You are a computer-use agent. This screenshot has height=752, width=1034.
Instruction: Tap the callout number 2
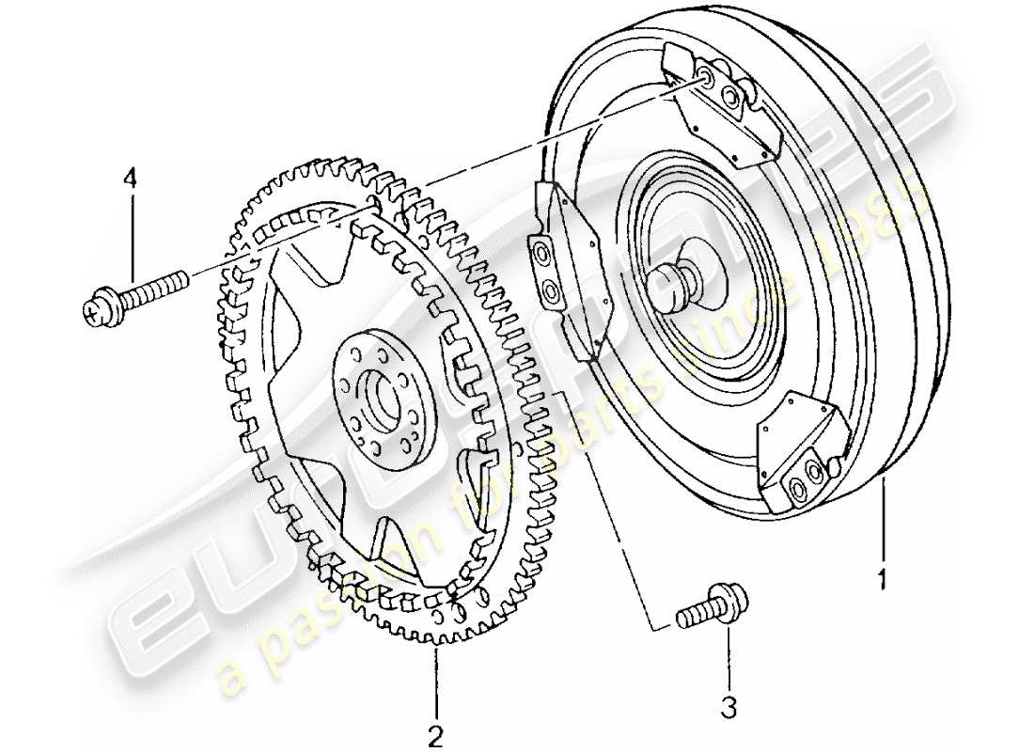point(436,731)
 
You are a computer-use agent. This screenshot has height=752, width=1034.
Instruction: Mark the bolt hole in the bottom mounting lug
point(799,486)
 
